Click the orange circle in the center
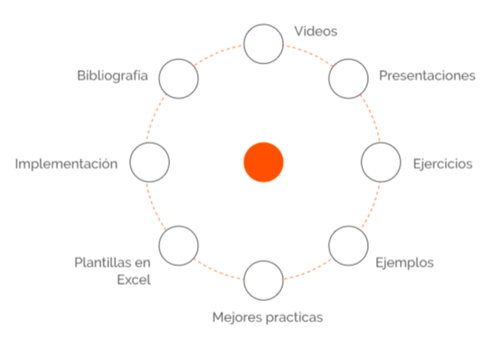click(x=263, y=160)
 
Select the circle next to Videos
click(x=263, y=43)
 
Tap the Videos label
click(x=316, y=31)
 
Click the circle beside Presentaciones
click(x=348, y=79)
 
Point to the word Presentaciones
click(x=427, y=76)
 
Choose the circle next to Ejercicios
click(x=381, y=162)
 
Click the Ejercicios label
click(x=442, y=164)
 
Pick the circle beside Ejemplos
click(x=348, y=244)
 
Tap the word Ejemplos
click(x=404, y=263)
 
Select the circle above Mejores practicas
click(x=263, y=280)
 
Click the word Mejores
click(x=235, y=316)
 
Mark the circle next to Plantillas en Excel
click(x=179, y=244)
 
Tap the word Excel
click(x=133, y=280)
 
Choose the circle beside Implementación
click(x=150, y=162)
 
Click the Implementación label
click(x=66, y=164)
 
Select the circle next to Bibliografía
click(x=179, y=79)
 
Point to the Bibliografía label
click(x=112, y=76)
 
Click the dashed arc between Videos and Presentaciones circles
click(x=311, y=52)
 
